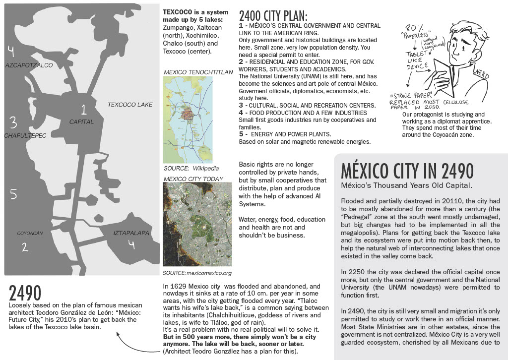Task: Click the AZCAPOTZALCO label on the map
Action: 28,65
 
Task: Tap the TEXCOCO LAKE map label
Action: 130,105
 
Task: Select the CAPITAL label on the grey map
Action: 81,121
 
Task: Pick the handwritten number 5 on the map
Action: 13,194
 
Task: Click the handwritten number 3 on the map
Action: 13,121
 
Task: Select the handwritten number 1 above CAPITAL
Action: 84,109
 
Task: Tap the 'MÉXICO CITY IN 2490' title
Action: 407,171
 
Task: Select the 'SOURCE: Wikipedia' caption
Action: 191,168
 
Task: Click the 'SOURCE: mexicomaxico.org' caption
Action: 197,273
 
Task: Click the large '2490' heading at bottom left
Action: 25,293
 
